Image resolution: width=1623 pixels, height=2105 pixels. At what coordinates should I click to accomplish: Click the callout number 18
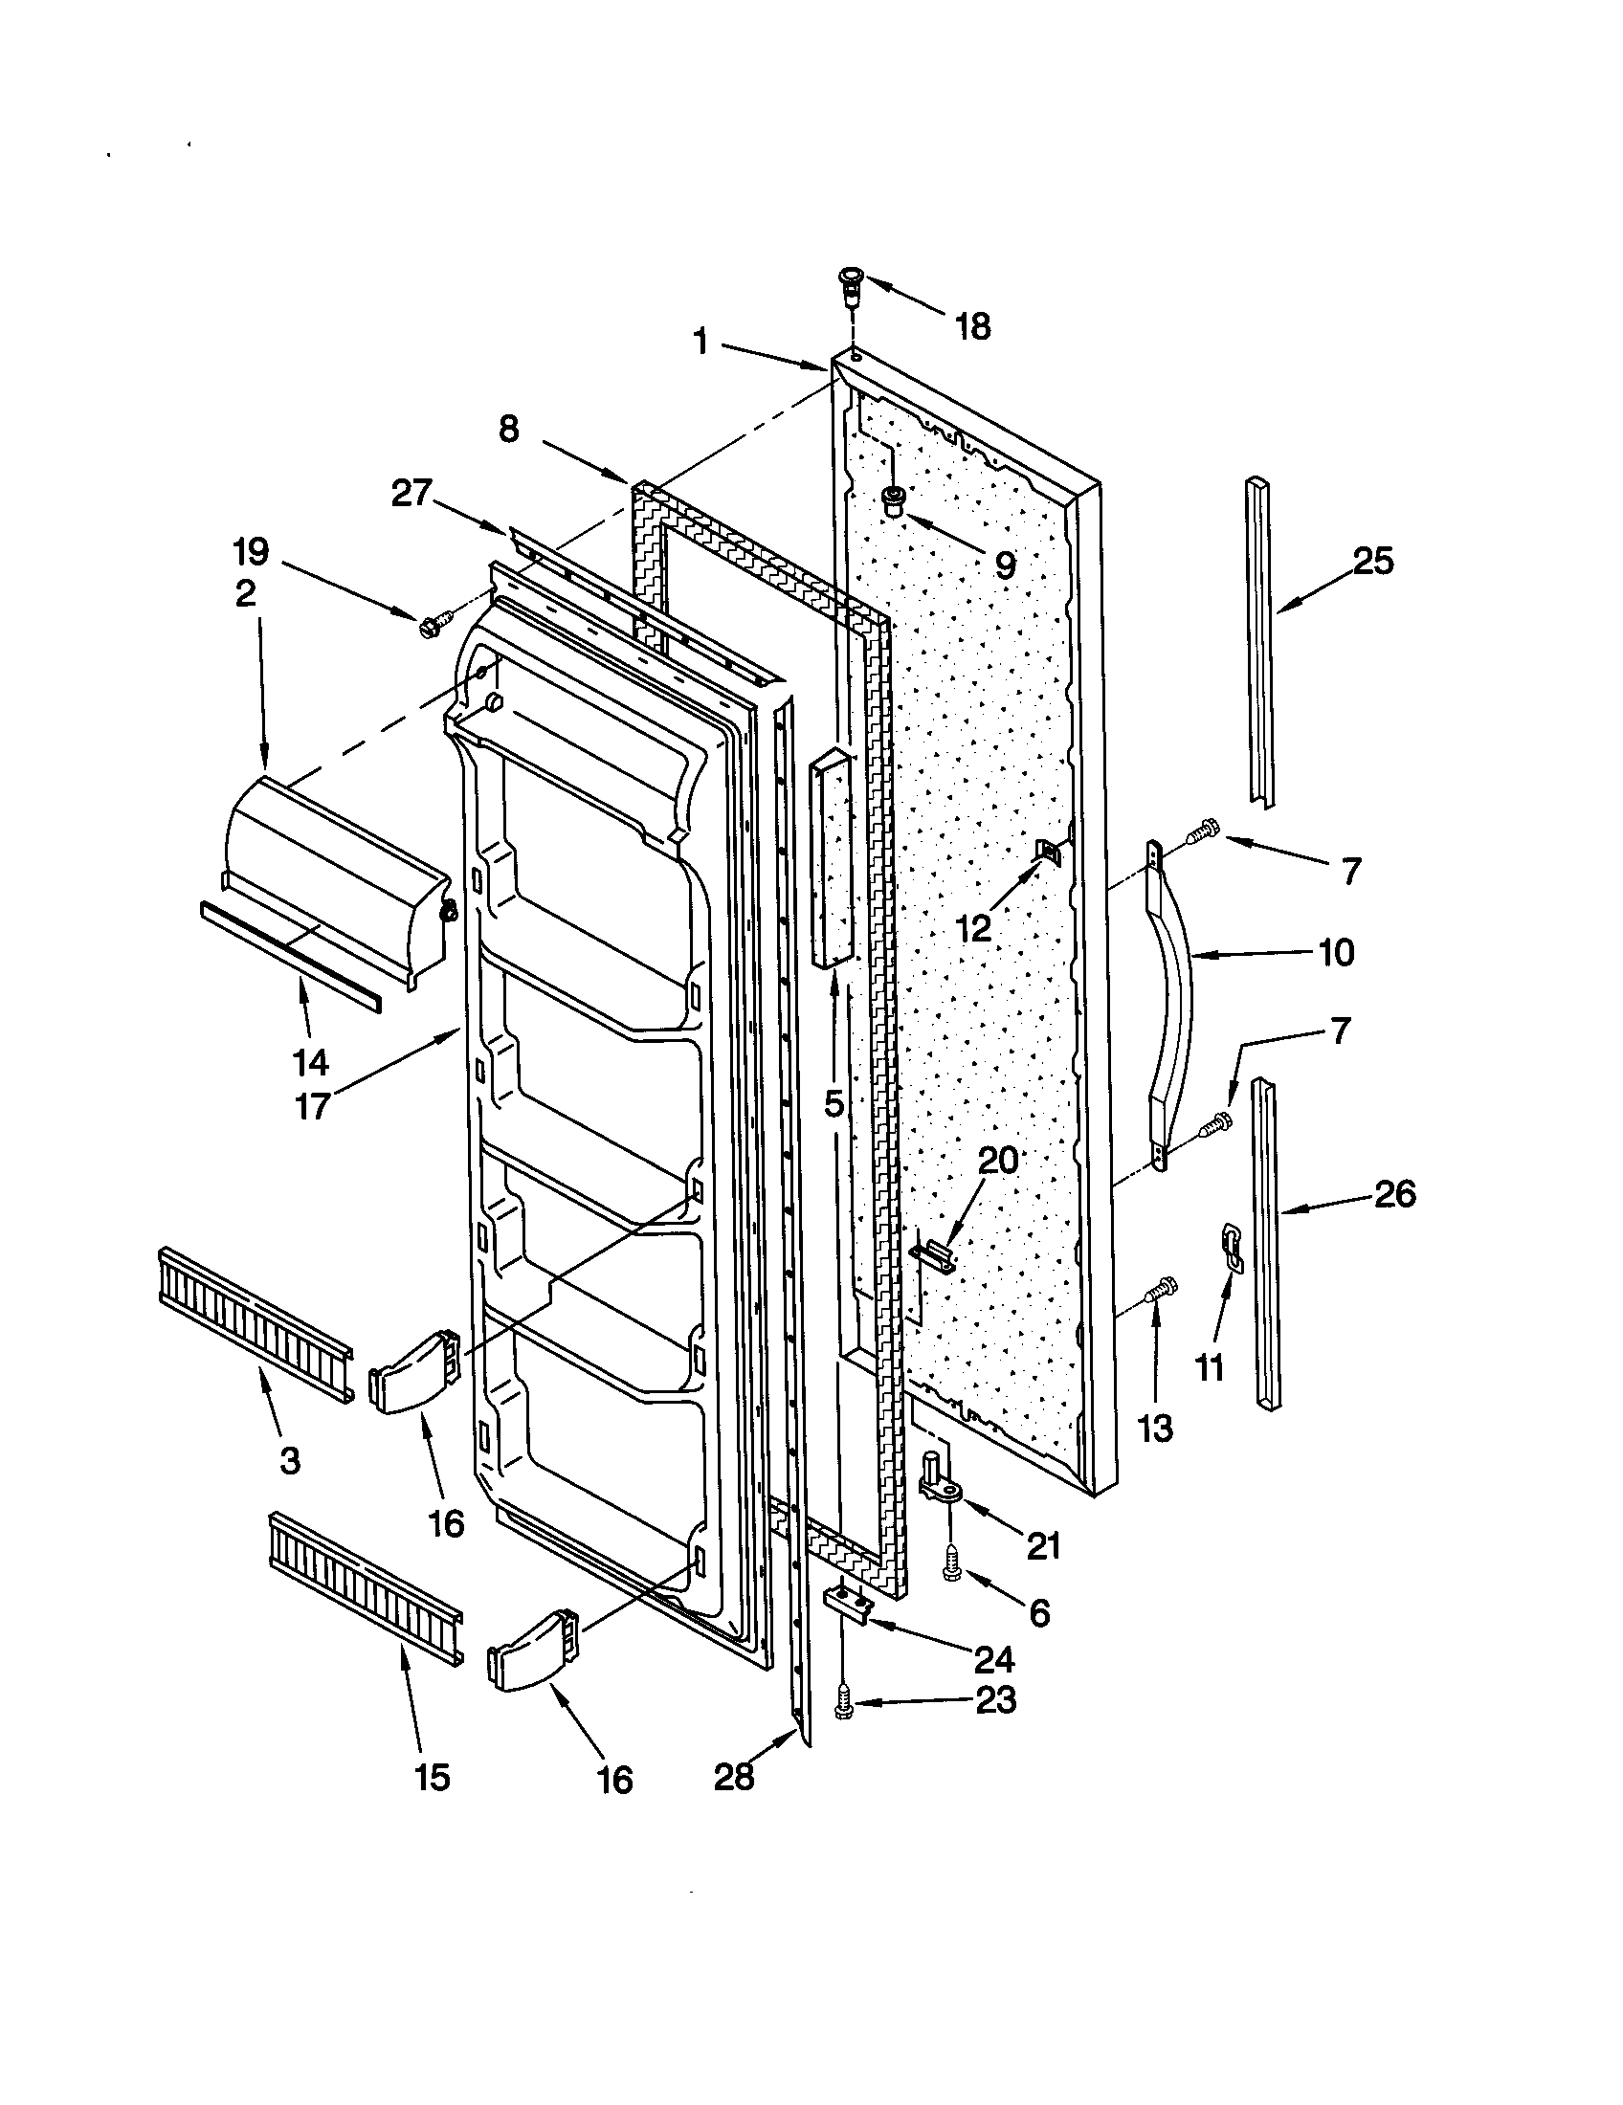point(973,326)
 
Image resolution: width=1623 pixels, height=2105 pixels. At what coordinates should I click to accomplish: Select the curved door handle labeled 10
point(1172,1003)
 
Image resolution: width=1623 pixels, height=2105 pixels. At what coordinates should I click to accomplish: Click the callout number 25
point(1372,561)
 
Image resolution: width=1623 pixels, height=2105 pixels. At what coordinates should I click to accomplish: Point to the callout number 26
point(1394,1194)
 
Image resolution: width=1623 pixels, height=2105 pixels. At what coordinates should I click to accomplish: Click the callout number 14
point(310,1063)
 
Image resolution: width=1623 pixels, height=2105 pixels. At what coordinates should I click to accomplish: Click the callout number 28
point(734,1777)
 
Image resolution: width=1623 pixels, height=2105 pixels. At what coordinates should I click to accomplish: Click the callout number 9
point(1004,565)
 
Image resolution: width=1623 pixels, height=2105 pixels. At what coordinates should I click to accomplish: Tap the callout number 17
point(312,1105)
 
